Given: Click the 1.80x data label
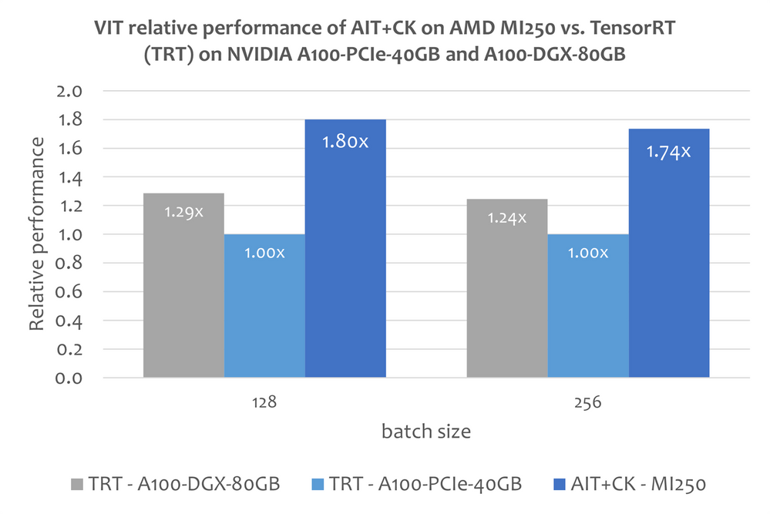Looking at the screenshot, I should click(345, 143).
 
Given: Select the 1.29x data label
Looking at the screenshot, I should click(183, 211).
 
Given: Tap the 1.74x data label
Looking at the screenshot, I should click(668, 152).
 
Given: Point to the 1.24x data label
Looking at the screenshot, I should click(506, 218).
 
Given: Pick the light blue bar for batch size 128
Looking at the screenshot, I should click(264, 316).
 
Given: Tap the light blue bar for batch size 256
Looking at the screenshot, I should click(587, 316).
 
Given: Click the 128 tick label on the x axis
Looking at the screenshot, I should click(264, 401).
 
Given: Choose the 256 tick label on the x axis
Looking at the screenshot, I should click(587, 401).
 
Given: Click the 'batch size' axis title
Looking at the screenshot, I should click(426, 432).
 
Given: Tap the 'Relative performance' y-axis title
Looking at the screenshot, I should click(36, 235).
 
